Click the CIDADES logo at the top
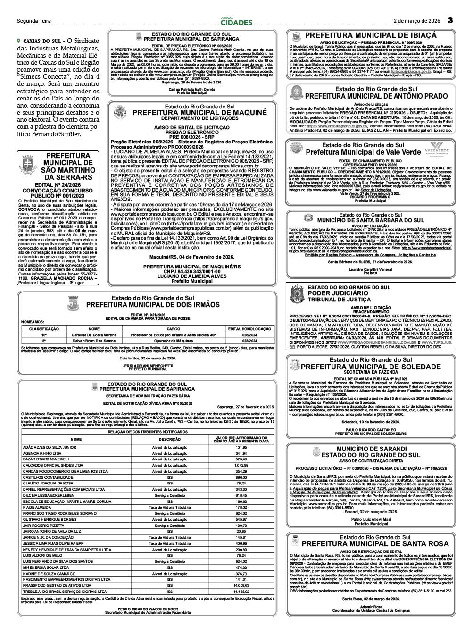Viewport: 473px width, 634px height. point(237,22)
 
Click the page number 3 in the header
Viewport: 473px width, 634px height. point(450,20)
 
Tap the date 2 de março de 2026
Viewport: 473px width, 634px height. point(417,21)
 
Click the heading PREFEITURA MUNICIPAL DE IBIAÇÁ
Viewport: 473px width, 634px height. point(371,35)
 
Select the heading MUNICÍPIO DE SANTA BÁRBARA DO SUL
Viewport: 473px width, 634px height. point(370,220)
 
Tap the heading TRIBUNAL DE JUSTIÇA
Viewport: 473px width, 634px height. point(339,300)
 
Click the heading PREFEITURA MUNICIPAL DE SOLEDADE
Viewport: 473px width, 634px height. point(370,367)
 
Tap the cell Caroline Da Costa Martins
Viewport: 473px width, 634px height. point(94,334)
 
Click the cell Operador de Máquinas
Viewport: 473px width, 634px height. point(173,341)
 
